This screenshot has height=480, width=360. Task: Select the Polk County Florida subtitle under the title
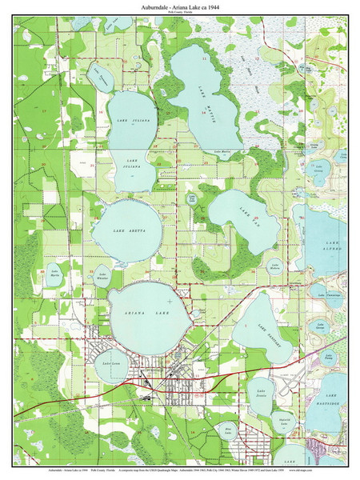[x=180, y=14]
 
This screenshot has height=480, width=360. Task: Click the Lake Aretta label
[x=126, y=230]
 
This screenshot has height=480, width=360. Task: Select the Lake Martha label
[x=55, y=274]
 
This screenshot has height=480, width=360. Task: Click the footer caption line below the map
[x=180, y=471]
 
